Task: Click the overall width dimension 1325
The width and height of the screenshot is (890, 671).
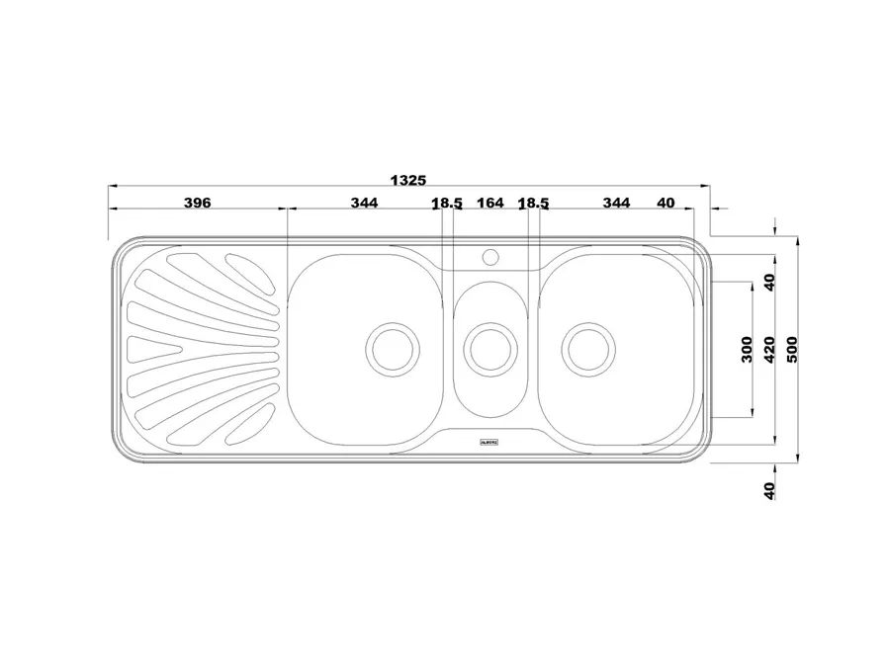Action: [x=407, y=180]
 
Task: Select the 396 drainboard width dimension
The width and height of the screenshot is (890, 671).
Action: [x=198, y=203]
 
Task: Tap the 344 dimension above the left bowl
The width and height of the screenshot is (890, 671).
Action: [x=364, y=203]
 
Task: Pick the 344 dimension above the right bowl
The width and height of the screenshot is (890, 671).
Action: [x=616, y=203]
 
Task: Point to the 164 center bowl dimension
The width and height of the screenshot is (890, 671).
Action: [x=490, y=203]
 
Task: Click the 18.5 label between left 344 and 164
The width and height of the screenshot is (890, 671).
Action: [x=447, y=203]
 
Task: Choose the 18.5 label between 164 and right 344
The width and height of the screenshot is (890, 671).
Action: [x=533, y=203]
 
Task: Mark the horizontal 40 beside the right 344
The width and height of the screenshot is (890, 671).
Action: [x=666, y=203]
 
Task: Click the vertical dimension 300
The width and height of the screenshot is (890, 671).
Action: [x=748, y=350]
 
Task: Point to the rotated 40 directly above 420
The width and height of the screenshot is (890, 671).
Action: [x=770, y=282]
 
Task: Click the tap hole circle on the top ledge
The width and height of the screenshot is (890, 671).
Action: [x=489, y=257]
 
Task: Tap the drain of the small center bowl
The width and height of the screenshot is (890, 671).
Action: [x=489, y=347]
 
